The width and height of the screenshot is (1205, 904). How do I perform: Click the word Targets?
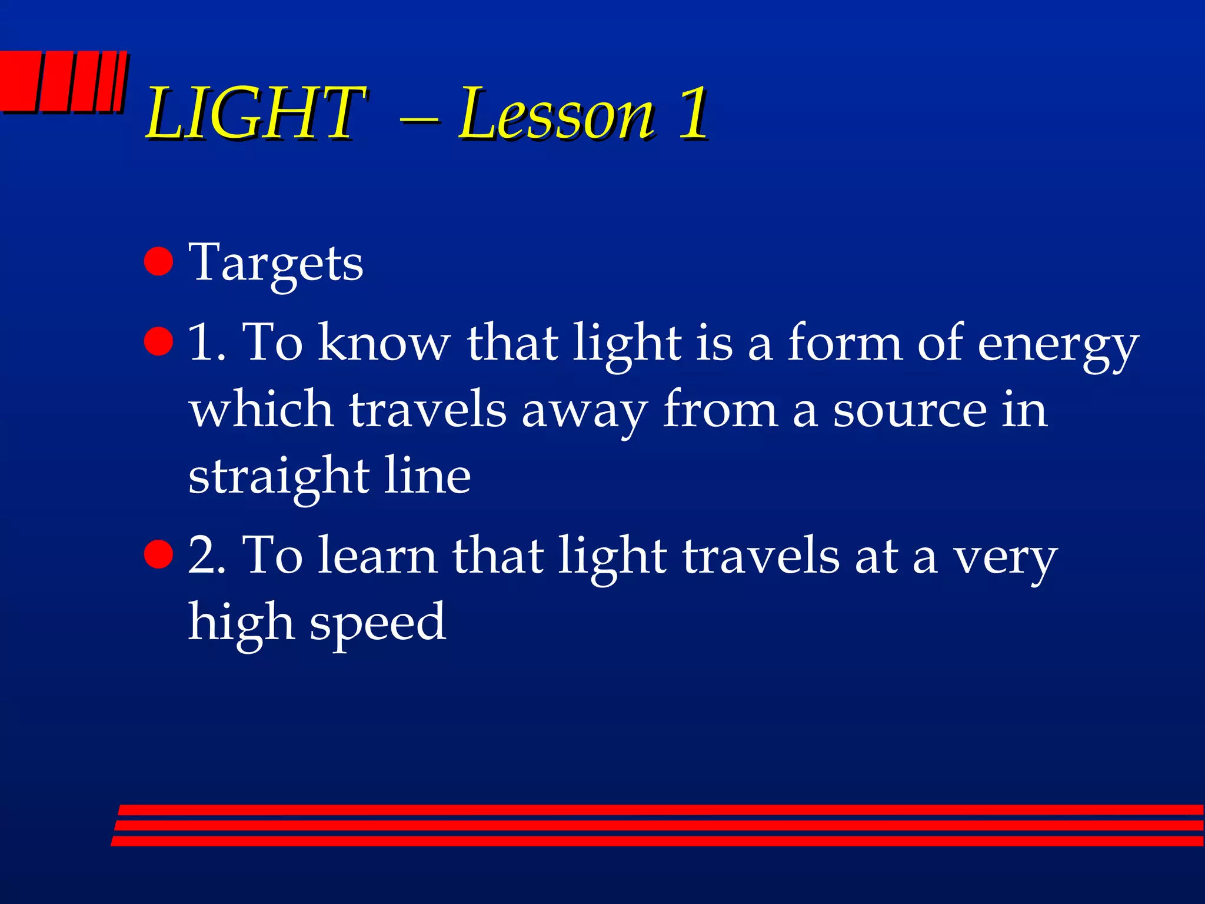pyautogui.click(x=275, y=263)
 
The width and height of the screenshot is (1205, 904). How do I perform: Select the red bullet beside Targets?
pyautogui.click(x=158, y=261)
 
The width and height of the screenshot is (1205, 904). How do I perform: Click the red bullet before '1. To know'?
pyautogui.click(x=158, y=342)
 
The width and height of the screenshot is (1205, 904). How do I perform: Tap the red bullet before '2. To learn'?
pyautogui.click(x=158, y=554)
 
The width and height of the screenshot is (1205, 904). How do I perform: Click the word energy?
pyautogui.click(x=1057, y=344)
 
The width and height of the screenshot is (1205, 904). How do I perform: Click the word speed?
pyautogui.click(x=377, y=623)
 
